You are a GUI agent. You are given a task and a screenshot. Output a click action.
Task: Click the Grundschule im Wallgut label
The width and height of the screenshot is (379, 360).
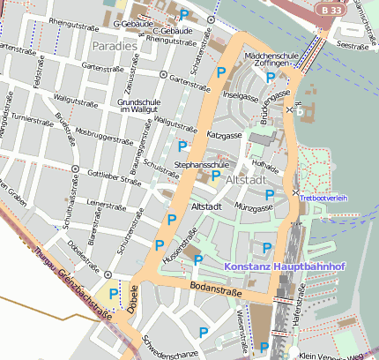tap(140, 106)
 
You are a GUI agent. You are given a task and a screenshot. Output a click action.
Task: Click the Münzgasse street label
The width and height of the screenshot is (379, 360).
tap(254, 209)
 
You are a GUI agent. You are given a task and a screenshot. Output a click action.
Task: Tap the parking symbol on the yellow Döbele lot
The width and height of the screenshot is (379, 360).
tap(113, 294)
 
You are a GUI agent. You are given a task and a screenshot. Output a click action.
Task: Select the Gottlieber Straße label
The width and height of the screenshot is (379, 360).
tap(115, 178)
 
